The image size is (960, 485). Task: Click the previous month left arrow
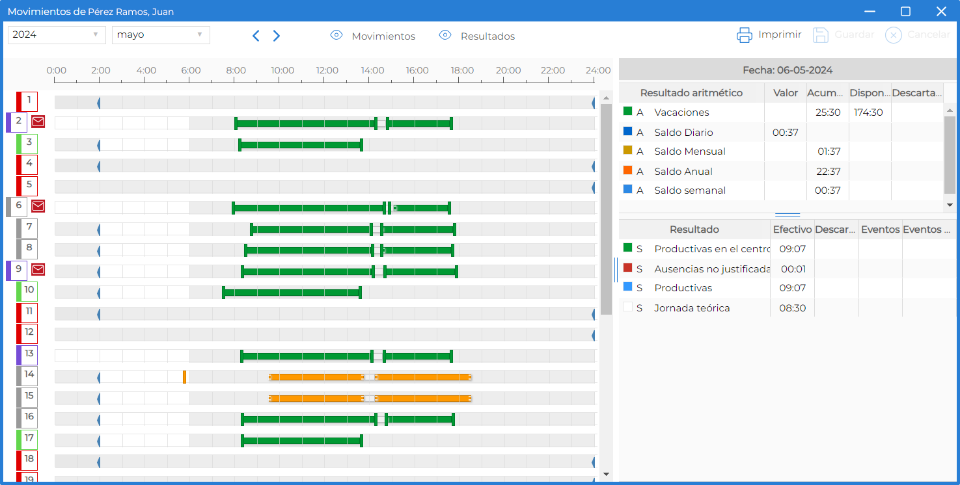coord(256,36)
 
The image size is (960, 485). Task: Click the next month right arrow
coord(277,36)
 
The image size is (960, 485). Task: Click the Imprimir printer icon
coord(745,35)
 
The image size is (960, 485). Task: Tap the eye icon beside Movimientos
coord(336,35)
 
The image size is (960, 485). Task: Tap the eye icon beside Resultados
coord(445,35)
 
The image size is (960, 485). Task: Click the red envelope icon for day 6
coord(38,206)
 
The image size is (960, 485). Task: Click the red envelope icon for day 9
coord(38,269)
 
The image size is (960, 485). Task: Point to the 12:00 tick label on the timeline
coord(327,70)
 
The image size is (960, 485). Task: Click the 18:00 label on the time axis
coord(462,70)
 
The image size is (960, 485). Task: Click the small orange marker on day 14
coord(184,376)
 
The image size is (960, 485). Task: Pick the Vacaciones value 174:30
coord(868,112)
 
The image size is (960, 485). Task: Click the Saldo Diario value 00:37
coord(785,133)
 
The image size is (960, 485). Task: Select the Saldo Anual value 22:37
coord(828,172)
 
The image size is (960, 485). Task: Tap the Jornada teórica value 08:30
coord(793,308)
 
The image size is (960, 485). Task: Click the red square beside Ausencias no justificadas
coord(628,268)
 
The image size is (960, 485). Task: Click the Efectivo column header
coord(793,229)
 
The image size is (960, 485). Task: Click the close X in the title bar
coord(941,11)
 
